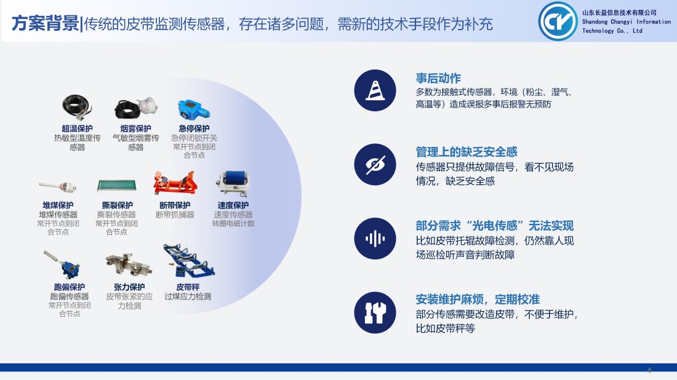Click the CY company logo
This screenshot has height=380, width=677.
click(x=558, y=21)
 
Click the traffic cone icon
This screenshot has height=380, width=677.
click(x=375, y=90)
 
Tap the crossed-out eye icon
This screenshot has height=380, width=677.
click(x=375, y=164)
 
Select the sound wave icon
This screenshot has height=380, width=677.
click(x=375, y=239)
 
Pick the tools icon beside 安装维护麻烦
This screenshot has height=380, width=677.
click(x=375, y=313)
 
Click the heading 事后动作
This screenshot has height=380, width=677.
click(x=438, y=78)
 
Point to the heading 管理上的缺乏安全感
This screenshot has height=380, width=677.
click(x=467, y=152)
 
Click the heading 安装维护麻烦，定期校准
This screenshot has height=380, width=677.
click(x=478, y=299)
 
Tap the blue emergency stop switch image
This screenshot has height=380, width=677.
click(x=194, y=110)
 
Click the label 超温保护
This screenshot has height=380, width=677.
click(x=77, y=129)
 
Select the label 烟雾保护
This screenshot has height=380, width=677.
click(x=135, y=129)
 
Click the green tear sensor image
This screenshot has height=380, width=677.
click(x=117, y=186)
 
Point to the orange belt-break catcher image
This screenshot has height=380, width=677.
click(x=175, y=183)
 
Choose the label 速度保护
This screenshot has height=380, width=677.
click(x=233, y=205)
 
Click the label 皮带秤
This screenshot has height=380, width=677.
click(x=188, y=287)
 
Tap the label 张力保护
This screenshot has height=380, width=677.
click(x=129, y=287)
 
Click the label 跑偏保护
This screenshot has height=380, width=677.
click(x=69, y=287)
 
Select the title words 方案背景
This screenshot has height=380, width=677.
click(x=45, y=23)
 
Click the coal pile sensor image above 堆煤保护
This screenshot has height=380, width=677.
click(x=58, y=187)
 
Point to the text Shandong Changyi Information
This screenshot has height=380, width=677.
click(x=627, y=22)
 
